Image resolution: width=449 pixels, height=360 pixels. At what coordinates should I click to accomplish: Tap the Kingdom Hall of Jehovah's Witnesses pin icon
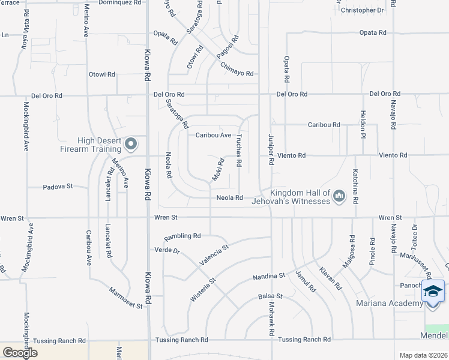340,195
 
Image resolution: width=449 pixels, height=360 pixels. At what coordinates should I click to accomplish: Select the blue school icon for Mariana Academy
433,292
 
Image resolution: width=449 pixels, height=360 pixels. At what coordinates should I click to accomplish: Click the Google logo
20,353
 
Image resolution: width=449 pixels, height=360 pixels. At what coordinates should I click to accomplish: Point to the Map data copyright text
424,355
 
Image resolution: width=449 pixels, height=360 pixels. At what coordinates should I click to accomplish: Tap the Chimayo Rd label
237,69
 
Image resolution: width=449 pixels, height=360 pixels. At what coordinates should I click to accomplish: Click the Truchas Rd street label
239,150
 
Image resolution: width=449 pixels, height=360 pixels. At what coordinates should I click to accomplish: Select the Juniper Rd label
271,150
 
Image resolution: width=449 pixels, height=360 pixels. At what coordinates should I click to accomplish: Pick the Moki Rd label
217,169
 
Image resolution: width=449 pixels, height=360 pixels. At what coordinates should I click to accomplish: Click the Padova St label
58,187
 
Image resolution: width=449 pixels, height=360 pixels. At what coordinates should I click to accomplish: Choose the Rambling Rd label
182,236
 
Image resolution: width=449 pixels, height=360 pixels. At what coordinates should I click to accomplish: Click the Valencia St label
214,255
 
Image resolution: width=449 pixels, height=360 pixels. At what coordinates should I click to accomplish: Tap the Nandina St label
268,277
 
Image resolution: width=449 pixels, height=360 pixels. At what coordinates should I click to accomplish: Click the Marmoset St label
125,298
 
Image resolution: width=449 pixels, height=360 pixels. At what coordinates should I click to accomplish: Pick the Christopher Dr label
361,11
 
